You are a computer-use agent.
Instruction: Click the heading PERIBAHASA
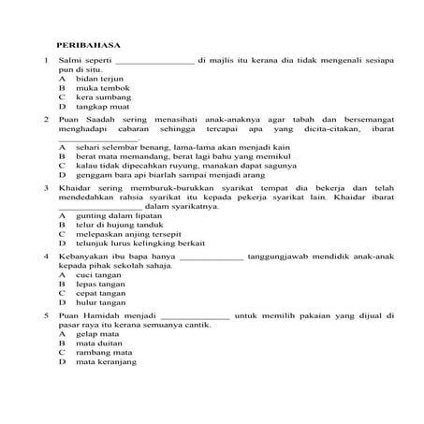click(x=82, y=44)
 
